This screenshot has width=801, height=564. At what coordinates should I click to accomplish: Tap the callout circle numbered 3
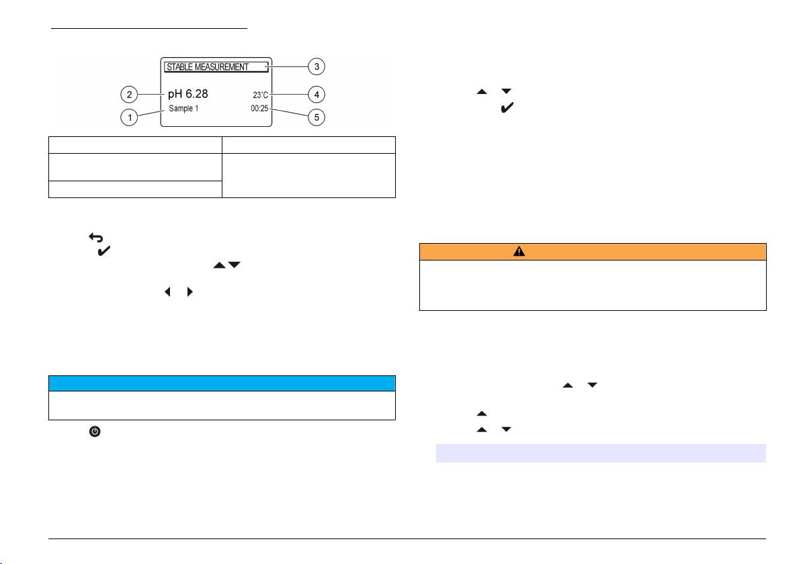click(317, 66)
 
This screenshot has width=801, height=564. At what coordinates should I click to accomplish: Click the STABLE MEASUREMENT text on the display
click(207, 67)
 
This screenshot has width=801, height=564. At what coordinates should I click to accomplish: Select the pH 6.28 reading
click(187, 93)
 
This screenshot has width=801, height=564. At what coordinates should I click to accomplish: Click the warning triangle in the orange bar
click(519, 251)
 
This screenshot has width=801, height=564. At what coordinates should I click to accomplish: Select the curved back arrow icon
click(94, 238)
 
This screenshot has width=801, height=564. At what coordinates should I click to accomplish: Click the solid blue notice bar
click(222, 383)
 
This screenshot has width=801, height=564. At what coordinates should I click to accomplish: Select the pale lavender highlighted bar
click(601, 453)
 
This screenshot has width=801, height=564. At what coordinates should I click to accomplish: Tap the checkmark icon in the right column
click(507, 108)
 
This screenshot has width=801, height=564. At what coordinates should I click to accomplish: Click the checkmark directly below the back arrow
click(106, 252)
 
